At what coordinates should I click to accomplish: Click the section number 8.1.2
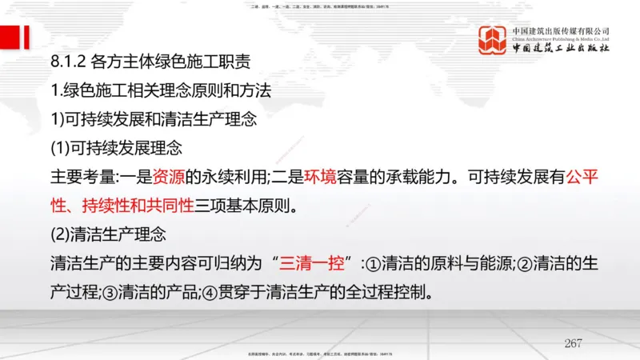point(67,61)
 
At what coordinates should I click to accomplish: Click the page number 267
point(574,342)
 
